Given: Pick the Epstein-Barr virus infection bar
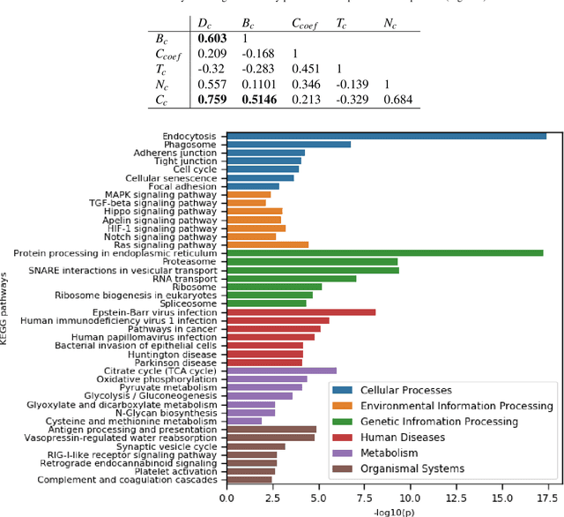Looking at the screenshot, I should coord(301,311).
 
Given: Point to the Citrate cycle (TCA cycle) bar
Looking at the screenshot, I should coord(281,371).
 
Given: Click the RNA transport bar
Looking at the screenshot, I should coord(291,278).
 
